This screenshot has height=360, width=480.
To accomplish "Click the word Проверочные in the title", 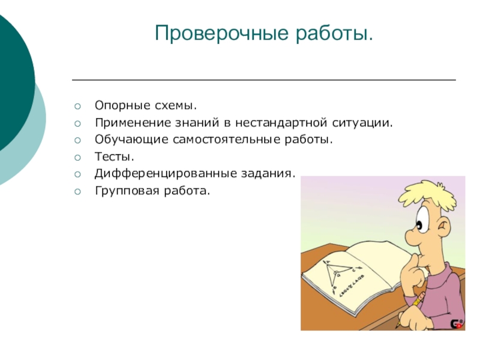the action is pos(221,34).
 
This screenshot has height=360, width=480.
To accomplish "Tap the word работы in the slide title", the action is pos(334,33).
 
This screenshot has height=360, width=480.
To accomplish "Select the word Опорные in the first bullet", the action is pos(122,106).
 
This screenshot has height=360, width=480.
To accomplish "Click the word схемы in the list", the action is pos(175,106).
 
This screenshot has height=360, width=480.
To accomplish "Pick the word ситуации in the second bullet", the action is pos(362,123).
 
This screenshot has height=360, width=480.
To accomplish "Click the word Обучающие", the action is pos(131,140).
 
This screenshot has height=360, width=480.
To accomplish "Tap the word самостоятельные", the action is pos(226,140).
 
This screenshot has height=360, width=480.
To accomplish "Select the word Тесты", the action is pos(115,157).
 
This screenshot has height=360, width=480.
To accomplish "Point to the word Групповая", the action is pos(127,191).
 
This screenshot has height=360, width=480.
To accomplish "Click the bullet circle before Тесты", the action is pos(77,157).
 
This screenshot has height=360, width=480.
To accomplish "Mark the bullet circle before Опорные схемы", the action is pos(77,106).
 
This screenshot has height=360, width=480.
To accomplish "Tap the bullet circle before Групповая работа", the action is pos(77,191).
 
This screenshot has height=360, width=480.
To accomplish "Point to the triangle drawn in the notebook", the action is pos(337,274).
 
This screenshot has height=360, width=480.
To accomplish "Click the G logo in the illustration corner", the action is pos(457,324).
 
